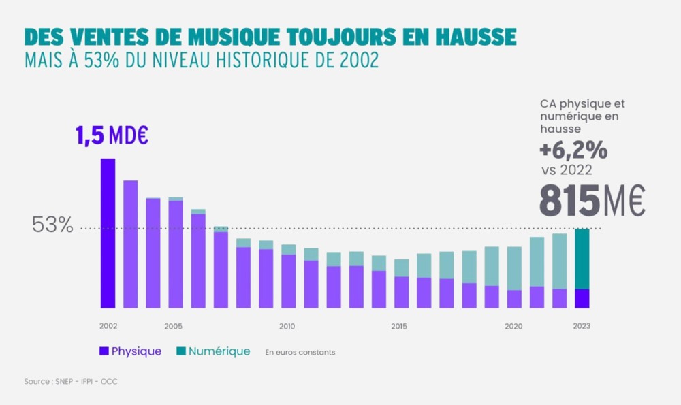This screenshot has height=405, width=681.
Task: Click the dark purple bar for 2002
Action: tap(108, 233)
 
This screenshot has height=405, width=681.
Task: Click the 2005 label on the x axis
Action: tap(173, 326)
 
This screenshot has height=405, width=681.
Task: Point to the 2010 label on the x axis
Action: tap(287, 326)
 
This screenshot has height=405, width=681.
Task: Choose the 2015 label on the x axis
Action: tap(399, 326)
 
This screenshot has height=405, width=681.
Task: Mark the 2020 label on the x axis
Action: tap(513, 326)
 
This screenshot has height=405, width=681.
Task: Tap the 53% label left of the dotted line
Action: tap(52, 226)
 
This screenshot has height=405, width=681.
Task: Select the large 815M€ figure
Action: tap(592, 200)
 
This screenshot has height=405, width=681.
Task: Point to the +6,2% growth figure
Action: tap(573, 150)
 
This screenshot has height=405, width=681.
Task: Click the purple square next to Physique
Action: tap(104, 351)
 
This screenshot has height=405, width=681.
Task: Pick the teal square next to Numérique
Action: tap(180, 351)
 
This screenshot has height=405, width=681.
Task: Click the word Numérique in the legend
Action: tap(219, 351)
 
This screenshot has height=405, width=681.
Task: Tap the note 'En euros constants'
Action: tap(300, 352)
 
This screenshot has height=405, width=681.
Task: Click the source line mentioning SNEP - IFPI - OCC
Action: tap(71, 381)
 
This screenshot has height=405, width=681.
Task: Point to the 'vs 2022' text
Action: tap(566, 170)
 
